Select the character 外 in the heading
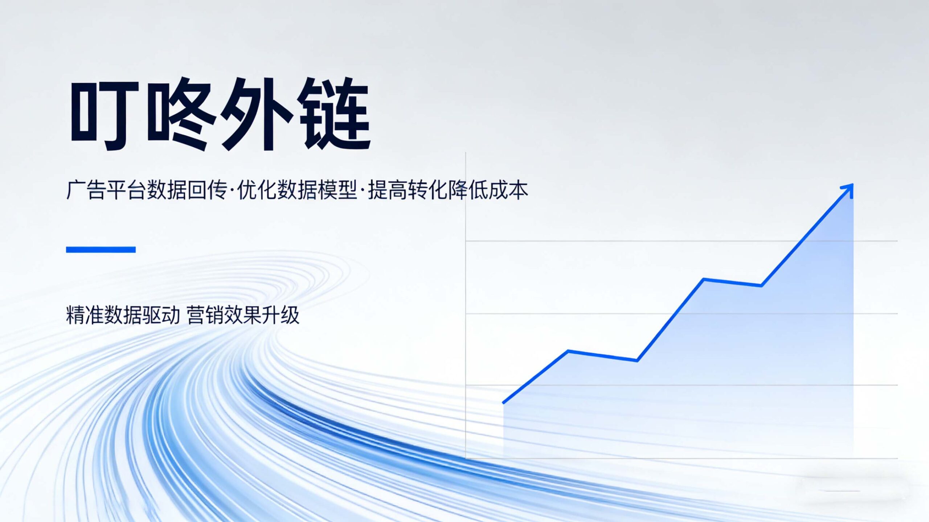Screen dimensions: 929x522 (x=256, y=114)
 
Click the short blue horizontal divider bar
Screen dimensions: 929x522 (x=101, y=250)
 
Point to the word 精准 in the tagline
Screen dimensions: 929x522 (x=85, y=315)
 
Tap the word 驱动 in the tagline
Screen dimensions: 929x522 (x=161, y=315)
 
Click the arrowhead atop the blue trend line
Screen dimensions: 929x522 (x=847, y=190)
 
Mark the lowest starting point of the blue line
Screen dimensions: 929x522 (x=504, y=402)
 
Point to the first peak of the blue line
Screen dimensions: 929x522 (x=568, y=351)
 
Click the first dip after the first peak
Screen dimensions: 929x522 (x=637, y=360)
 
